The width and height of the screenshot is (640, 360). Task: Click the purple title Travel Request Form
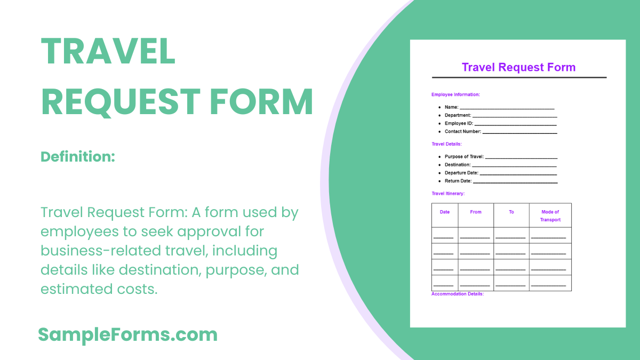tap(518, 67)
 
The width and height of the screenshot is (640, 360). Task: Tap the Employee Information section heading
tap(455, 94)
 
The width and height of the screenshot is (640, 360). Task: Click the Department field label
tap(458, 115)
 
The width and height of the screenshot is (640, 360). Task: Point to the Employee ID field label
tap(459, 123)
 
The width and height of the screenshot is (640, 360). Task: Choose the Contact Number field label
tap(462, 131)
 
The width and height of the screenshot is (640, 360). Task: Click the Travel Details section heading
tap(446, 144)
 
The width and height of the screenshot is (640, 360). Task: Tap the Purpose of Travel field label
tap(464, 157)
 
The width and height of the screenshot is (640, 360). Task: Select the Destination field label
tap(458, 165)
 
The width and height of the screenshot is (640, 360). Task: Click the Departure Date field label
tap(461, 173)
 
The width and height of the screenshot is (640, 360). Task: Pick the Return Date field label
tap(458, 181)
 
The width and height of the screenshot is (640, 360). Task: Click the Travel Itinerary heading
tap(448, 194)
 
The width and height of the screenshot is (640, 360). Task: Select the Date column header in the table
tap(445, 212)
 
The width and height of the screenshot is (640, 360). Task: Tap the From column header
tap(476, 212)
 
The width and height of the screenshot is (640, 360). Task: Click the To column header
tap(511, 212)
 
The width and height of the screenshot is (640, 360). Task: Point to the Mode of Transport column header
tap(550, 215)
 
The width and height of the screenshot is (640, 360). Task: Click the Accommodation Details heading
tap(457, 294)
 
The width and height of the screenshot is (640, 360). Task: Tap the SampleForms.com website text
tap(127, 335)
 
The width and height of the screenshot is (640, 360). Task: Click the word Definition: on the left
tap(78, 157)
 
